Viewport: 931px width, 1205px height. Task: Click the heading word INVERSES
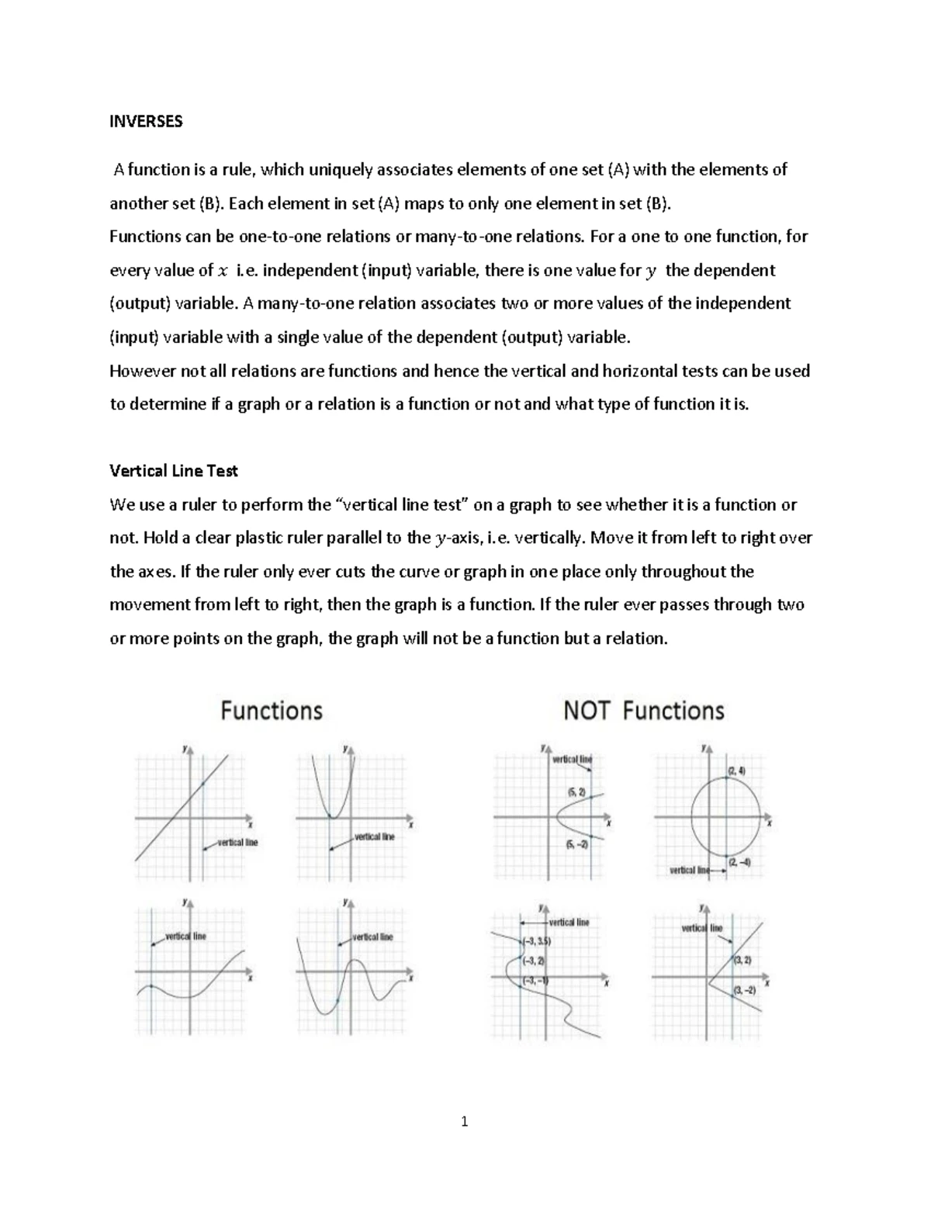(x=146, y=122)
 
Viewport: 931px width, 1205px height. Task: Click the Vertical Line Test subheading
(x=174, y=471)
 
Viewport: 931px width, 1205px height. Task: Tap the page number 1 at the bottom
(x=465, y=1121)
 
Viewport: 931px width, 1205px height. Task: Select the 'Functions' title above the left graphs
(x=272, y=711)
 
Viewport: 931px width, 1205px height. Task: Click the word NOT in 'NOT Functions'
(x=587, y=711)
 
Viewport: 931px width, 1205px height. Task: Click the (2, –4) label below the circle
(x=734, y=862)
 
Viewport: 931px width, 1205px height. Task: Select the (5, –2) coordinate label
(x=577, y=844)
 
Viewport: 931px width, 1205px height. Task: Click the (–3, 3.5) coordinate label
(x=536, y=941)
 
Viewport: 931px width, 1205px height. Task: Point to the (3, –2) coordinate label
(x=744, y=990)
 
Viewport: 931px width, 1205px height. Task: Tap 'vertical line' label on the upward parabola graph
(x=375, y=836)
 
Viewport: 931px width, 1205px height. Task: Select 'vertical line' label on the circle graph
(x=689, y=871)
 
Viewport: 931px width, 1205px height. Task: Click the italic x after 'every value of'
(x=223, y=271)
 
